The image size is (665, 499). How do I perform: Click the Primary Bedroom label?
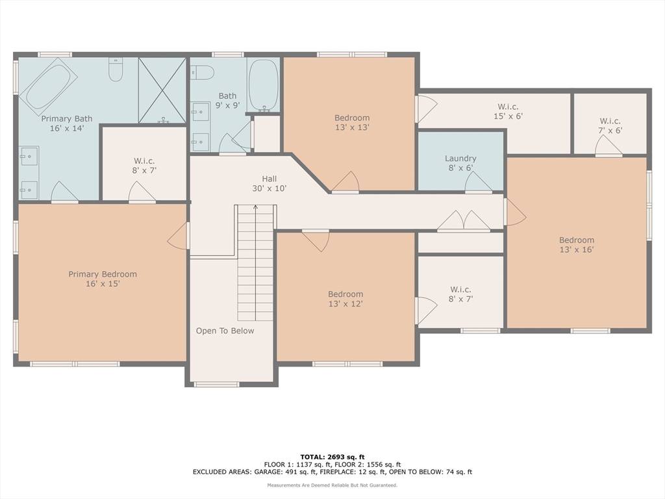[103, 279]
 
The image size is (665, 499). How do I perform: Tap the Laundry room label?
[460, 163]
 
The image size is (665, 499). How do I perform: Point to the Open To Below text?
[225, 331]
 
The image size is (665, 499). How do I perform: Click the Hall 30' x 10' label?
[270, 184]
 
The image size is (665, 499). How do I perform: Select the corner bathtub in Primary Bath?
[48, 86]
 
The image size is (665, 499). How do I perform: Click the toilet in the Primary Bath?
[116, 70]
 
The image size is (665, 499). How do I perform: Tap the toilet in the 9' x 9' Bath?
[202, 73]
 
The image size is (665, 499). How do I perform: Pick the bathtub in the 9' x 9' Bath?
[264, 86]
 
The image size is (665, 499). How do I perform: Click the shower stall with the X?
[162, 90]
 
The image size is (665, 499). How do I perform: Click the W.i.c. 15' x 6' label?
[508, 111]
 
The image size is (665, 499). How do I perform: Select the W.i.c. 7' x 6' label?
[610, 126]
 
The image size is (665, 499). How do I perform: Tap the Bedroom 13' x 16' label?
[577, 245]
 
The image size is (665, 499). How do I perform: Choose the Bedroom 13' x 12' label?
[345, 299]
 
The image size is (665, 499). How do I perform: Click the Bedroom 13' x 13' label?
[352, 122]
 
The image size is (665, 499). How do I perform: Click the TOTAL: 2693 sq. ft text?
[332, 457]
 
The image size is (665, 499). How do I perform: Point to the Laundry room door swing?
[479, 183]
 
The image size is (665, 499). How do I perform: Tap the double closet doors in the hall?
[464, 221]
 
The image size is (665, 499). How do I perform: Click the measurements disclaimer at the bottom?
[332, 485]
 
